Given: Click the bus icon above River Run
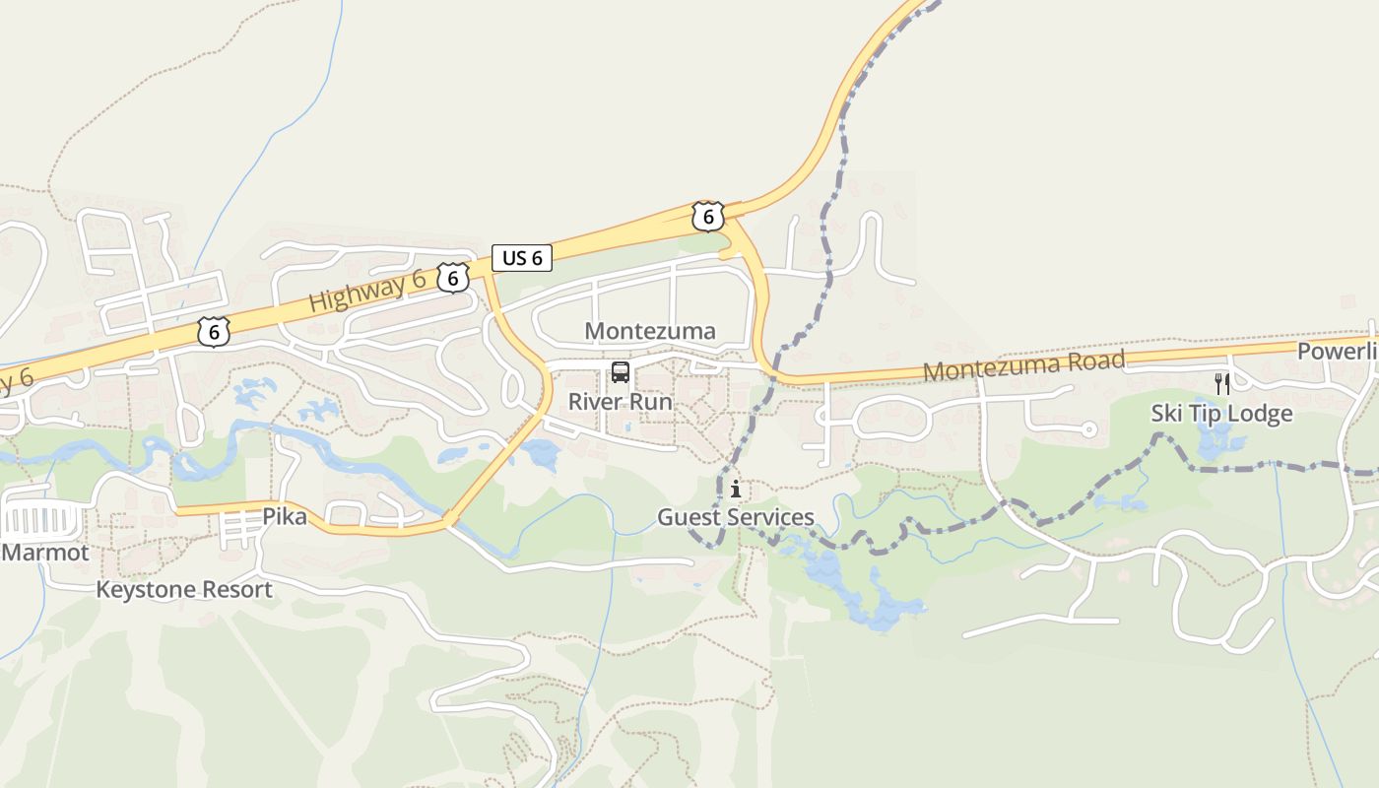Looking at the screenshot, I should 621,372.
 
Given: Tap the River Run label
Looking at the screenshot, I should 621,402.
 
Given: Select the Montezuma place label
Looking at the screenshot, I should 650,331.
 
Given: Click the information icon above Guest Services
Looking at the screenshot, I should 736,489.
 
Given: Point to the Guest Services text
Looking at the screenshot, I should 736,517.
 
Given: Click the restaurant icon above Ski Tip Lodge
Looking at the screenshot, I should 1222,383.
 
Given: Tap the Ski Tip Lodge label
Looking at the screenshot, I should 1221,414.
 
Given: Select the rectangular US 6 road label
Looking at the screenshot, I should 522,258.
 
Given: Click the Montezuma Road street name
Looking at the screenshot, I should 1024,365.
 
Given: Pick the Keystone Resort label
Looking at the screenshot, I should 184,590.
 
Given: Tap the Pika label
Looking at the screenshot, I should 285,516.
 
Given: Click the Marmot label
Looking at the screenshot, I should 45,553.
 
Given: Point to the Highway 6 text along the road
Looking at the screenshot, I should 367,292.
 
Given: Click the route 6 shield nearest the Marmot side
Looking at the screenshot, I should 214,332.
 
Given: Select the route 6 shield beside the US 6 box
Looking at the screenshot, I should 453,279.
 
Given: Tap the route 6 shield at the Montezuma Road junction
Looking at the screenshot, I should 707,216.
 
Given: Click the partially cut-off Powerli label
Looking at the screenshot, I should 1337,352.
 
